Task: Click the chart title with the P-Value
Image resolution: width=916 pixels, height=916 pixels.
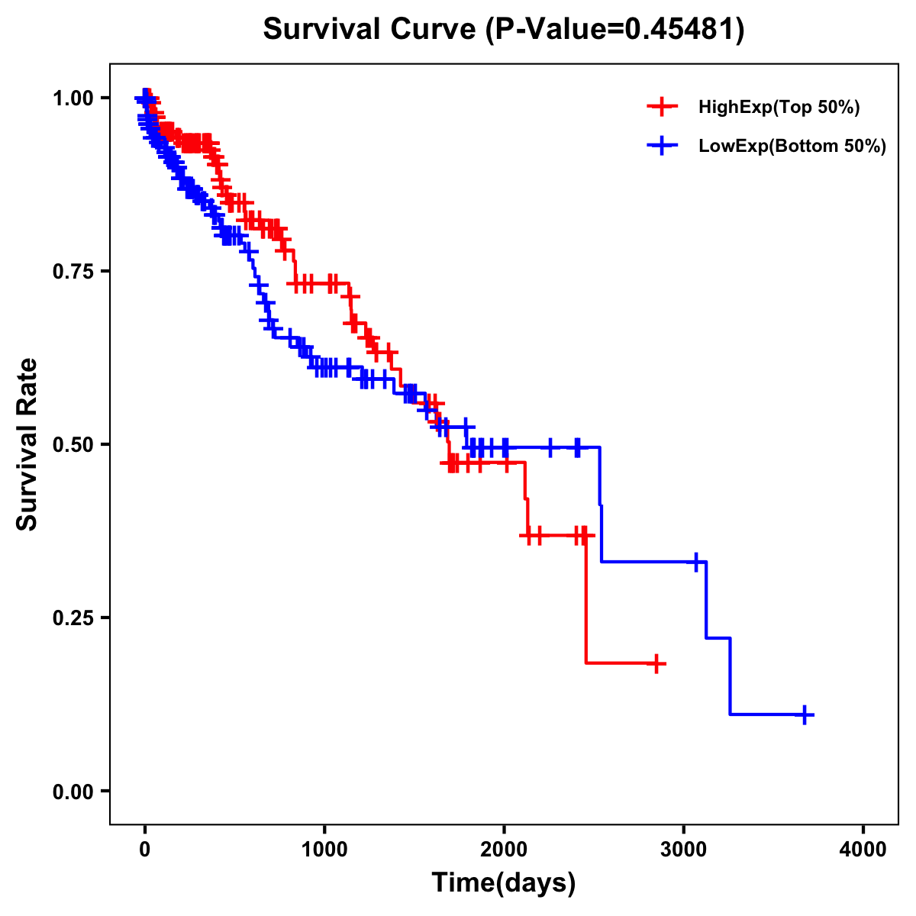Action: tap(503, 29)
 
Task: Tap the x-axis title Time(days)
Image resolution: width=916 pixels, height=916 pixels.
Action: tap(504, 883)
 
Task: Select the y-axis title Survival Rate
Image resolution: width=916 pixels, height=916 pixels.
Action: tap(27, 443)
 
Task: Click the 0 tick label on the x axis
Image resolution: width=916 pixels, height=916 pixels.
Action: tap(144, 850)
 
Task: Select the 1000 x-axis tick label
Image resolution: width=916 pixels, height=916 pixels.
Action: tap(324, 850)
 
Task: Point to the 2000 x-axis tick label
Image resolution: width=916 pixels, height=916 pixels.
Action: tap(504, 850)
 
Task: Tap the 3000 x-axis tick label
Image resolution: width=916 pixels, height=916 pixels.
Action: tap(684, 850)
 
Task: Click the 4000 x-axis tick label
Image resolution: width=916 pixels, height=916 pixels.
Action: tap(863, 850)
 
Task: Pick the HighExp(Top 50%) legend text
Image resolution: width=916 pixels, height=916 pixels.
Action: tap(779, 108)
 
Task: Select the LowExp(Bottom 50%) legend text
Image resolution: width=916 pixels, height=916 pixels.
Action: tap(792, 147)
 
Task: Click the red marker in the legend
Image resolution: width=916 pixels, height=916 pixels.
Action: tap(663, 107)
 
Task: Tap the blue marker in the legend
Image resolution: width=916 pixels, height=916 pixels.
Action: tap(663, 146)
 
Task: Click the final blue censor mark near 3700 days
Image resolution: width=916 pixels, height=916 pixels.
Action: tap(805, 714)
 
